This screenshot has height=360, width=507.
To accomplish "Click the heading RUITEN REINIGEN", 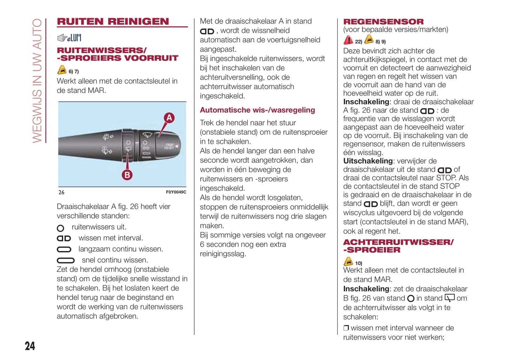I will [113, 22].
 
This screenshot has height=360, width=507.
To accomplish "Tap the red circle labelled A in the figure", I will [169, 118].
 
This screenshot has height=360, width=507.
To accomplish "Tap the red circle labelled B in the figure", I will [127, 175].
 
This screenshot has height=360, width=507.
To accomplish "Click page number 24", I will [30, 346].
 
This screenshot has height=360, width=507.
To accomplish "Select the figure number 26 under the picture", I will [61, 192].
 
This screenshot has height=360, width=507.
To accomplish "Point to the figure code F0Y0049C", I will [176, 192].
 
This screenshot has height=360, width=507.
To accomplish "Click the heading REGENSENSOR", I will [383, 22].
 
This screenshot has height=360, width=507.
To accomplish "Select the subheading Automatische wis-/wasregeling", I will [257, 110].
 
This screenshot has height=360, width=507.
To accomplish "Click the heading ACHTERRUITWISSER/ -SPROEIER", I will [398, 246].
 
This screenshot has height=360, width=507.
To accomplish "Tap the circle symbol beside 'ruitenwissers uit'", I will [60, 228].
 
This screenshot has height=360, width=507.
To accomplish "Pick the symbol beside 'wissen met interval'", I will [64, 239].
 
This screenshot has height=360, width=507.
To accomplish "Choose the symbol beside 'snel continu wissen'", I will [66, 260].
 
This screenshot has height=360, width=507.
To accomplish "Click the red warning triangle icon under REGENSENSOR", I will [348, 40].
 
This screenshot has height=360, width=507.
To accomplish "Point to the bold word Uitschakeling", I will [367, 161].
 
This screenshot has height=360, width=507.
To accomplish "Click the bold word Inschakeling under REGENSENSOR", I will [366, 102].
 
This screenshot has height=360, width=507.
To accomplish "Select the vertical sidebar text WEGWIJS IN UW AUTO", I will [37, 81].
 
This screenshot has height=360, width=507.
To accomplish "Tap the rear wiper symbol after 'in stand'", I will [449, 298].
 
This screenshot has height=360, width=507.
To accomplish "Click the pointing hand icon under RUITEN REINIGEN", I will [62, 38].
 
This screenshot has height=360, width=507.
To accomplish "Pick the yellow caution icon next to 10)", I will [348, 262].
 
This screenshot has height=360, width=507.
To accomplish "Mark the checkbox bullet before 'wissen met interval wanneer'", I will [346, 328].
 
